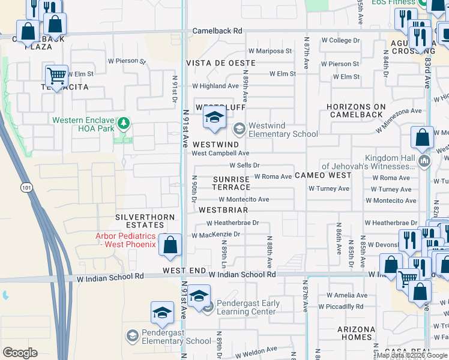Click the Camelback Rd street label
click(x=217, y=31)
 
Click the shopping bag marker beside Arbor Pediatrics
click(x=170, y=245)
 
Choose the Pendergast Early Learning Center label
click(x=248, y=307)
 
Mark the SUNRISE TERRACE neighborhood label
click(x=232, y=183)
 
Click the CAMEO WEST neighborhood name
click(x=323, y=175)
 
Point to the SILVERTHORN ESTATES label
click(x=145, y=221)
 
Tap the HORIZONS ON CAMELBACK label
click(x=355, y=110)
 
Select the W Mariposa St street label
click(x=270, y=52)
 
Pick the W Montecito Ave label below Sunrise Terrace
click(x=244, y=200)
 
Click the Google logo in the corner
click(x=20, y=353)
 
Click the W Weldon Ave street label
click(x=256, y=349)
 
